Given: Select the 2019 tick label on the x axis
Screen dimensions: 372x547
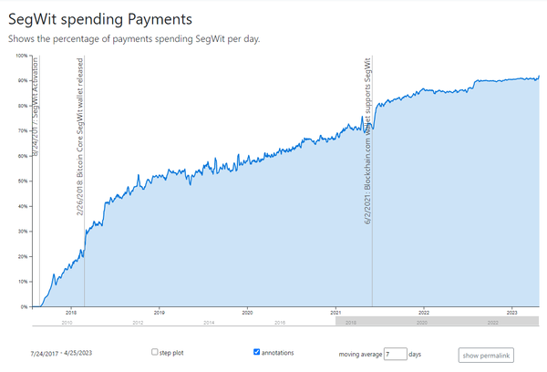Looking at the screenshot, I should click(x=160, y=313).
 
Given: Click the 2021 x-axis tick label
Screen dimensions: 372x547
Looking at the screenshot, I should click(x=335, y=313).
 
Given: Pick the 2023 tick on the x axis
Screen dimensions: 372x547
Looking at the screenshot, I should click(x=512, y=313).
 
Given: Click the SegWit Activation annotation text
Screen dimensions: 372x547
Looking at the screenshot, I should click(x=35, y=106).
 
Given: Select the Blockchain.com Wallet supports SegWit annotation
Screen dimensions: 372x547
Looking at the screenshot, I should click(x=367, y=141).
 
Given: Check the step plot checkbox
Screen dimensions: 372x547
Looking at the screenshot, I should click(x=155, y=351).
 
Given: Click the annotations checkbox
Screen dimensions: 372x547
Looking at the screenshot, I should click(x=257, y=351).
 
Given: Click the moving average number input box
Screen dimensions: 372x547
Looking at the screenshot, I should click(x=395, y=353).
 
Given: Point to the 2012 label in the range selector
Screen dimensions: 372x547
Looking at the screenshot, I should click(x=138, y=323).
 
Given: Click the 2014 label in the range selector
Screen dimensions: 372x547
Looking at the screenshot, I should click(x=209, y=323).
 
